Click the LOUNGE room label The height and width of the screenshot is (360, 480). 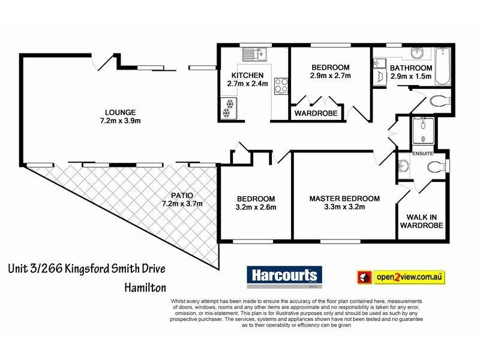(x=120, y=112)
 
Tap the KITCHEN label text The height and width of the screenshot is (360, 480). (x=247, y=75)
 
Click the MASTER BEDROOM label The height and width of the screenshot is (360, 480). (x=344, y=199)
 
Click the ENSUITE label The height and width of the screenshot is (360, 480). (x=422, y=154)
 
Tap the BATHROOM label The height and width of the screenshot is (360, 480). (x=411, y=68)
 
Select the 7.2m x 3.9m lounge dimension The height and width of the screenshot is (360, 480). (x=120, y=121)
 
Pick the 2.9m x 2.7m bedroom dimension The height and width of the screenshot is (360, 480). (x=331, y=76)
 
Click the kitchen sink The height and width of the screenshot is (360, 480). (x=259, y=55)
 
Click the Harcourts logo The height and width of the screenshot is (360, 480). (x=284, y=277)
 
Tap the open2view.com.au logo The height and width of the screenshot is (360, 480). (x=401, y=277)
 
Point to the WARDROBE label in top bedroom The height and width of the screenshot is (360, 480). (x=316, y=112)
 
